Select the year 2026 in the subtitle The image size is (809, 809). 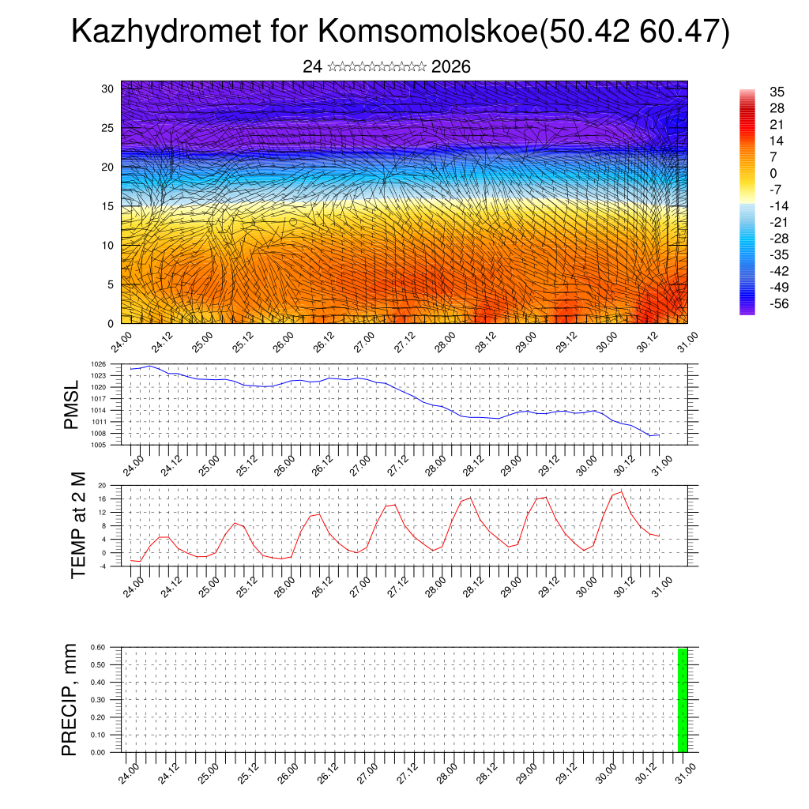451,67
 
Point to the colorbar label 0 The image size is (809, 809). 773,174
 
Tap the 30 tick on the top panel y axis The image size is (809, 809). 107,88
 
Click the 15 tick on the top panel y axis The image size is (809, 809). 107,206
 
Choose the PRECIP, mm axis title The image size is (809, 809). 70,699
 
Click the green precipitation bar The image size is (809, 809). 683,700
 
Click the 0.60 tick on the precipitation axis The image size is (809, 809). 98,647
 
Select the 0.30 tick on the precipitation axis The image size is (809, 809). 98,700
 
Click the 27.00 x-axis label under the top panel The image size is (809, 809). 362,342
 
